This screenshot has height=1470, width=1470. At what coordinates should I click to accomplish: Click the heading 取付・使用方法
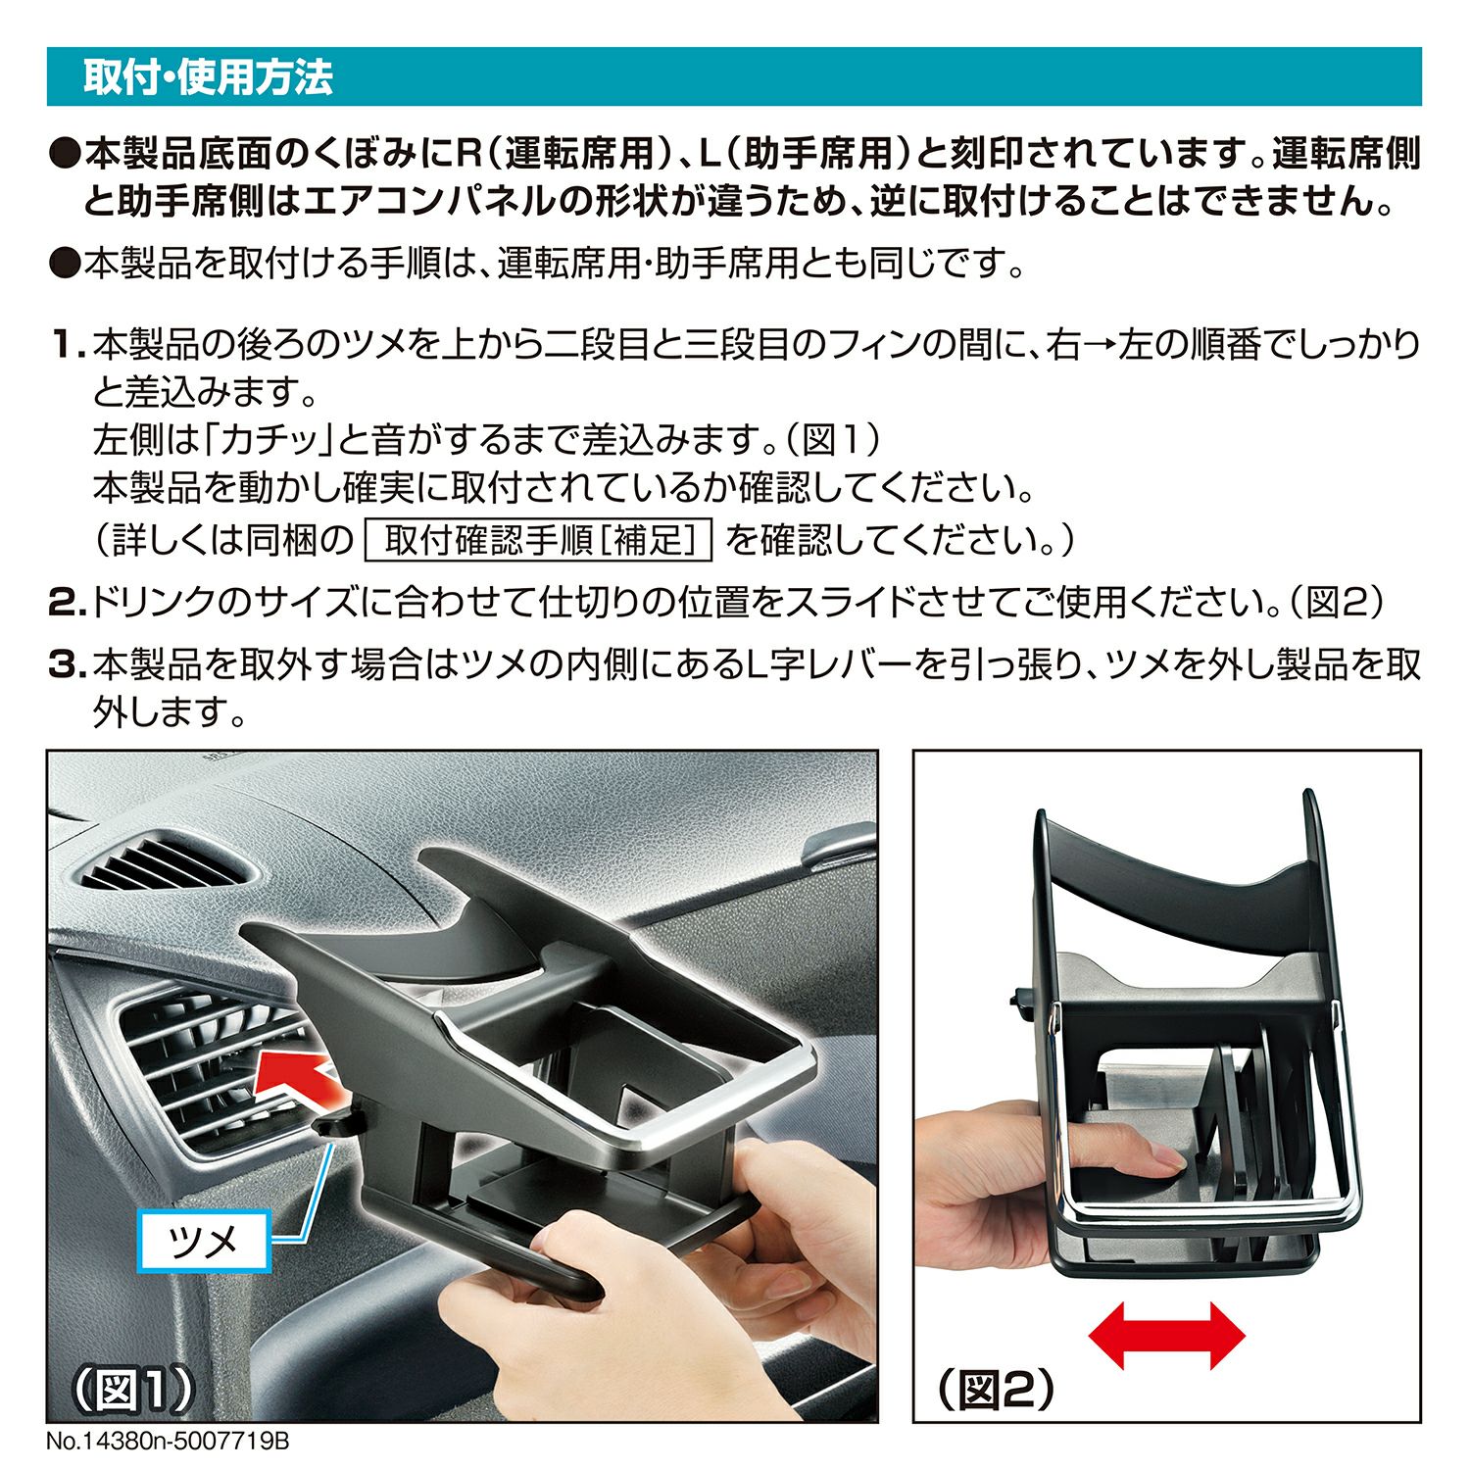coord(208,77)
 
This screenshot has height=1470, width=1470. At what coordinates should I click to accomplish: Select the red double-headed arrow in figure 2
coord(1166,1335)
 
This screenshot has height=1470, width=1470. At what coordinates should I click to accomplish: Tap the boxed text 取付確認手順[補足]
coord(538,540)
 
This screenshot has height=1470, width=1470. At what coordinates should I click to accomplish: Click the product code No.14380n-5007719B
coord(168,1443)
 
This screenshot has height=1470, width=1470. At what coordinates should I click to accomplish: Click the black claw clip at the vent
coord(338,1118)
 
